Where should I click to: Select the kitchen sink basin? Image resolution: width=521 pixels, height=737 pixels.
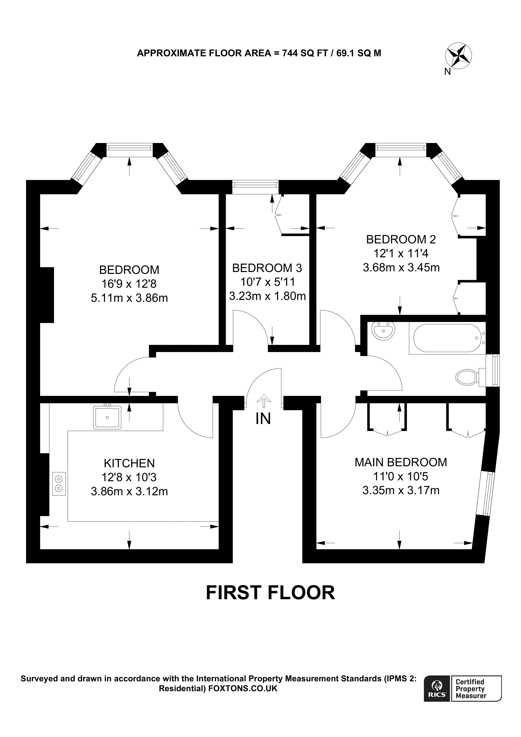pos(107,417)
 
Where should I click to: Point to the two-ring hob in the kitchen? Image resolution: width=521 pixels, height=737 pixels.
pos(59,484)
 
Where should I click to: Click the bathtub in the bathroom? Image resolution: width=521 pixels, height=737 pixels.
pos(447,338)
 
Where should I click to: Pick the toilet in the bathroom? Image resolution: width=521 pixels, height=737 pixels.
pos(467,377)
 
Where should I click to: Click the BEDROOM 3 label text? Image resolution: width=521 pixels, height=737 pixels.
pos(267,268)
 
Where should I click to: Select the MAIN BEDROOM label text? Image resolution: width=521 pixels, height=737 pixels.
pos(401,462)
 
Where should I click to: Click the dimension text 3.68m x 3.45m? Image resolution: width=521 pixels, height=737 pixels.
pos(401,267)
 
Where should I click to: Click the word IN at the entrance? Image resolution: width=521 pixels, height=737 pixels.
pos(263,419)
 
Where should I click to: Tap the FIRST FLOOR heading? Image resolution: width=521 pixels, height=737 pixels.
pos(270,593)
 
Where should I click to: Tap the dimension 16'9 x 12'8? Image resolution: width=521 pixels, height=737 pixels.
pos(129,284)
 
